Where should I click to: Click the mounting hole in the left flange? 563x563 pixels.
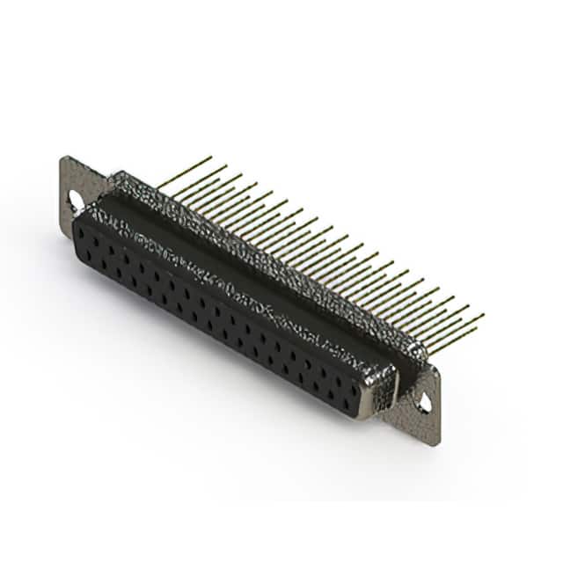[x=75, y=201]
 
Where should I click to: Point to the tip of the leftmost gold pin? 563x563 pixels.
[x=211, y=157]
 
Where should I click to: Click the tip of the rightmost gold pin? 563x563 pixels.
[x=483, y=315]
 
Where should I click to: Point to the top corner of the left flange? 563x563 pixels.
[x=65, y=157]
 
